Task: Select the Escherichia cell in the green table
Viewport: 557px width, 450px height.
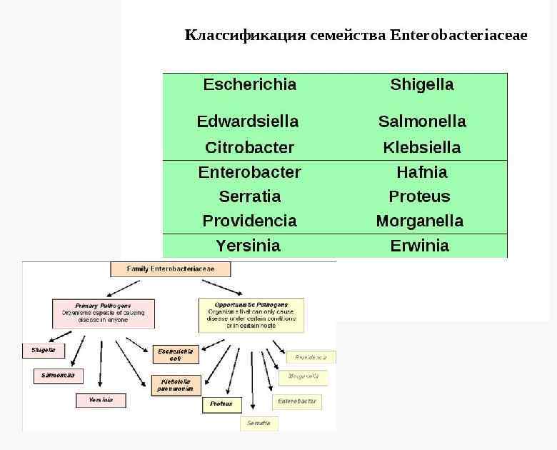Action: tap(249, 84)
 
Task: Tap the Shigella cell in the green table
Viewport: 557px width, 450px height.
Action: tap(421, 84)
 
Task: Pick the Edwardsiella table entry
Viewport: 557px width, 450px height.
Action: tap(248, 121)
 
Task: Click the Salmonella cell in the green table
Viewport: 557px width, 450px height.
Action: tap(421, 121)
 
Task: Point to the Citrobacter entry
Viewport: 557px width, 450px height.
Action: tap(249, 148)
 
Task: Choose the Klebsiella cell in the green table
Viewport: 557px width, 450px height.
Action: tap(421, 148)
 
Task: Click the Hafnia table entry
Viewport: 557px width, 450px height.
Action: tap(421, 172)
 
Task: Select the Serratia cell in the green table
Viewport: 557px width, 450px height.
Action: tap(249, 196)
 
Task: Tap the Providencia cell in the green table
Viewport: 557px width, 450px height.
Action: tap(249, 221)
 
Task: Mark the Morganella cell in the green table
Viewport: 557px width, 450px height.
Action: tap(420, 221)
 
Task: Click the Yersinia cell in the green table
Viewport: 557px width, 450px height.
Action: tap(248, 246)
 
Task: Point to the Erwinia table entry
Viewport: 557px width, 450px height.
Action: tap(420, 246)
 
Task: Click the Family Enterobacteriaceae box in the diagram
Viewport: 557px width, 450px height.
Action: tap(171, 269)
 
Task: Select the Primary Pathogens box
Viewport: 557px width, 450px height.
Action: tap(103, 314)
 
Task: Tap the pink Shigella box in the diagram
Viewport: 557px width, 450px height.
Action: tap(44, 351)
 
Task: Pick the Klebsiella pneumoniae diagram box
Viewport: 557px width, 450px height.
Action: tap(175, 386)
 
